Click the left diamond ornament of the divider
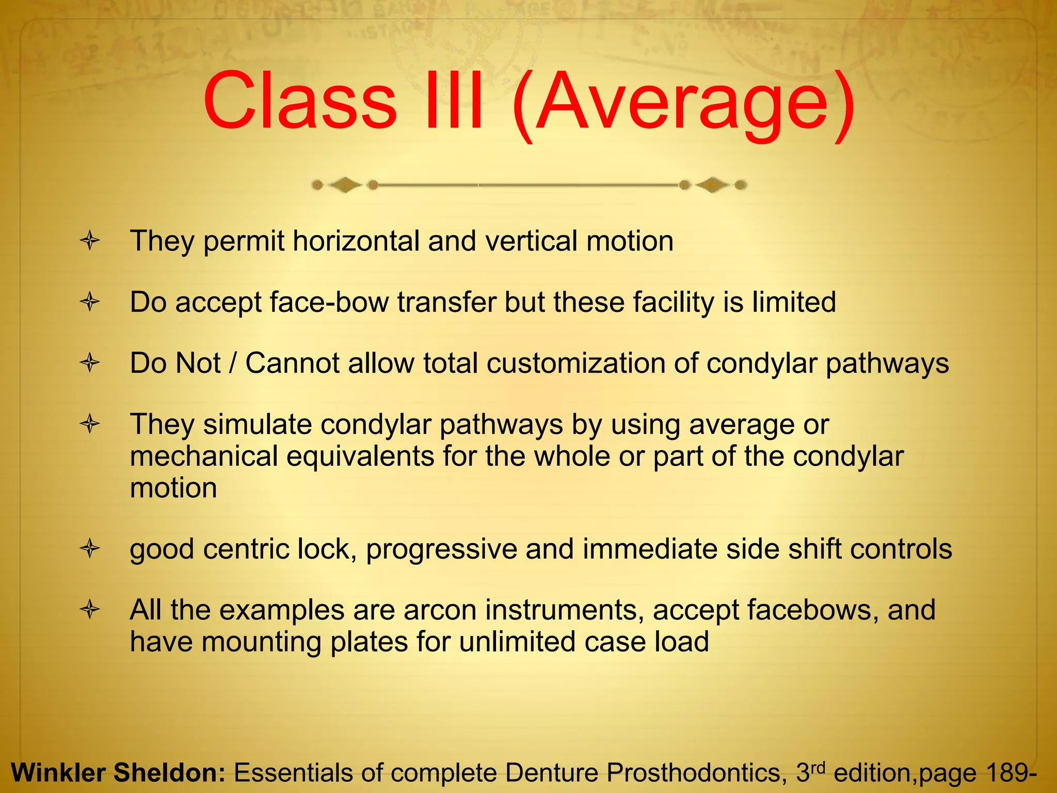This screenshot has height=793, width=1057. (345, 185)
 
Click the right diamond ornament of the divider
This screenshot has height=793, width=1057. (713, 185)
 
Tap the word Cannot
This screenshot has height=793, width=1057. (292, 363)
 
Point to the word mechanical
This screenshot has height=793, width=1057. (204, 456)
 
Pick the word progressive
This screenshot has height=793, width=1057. (441, 549)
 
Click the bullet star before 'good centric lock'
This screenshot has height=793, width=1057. (90, 549)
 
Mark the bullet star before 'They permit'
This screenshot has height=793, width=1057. (90, 241)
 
